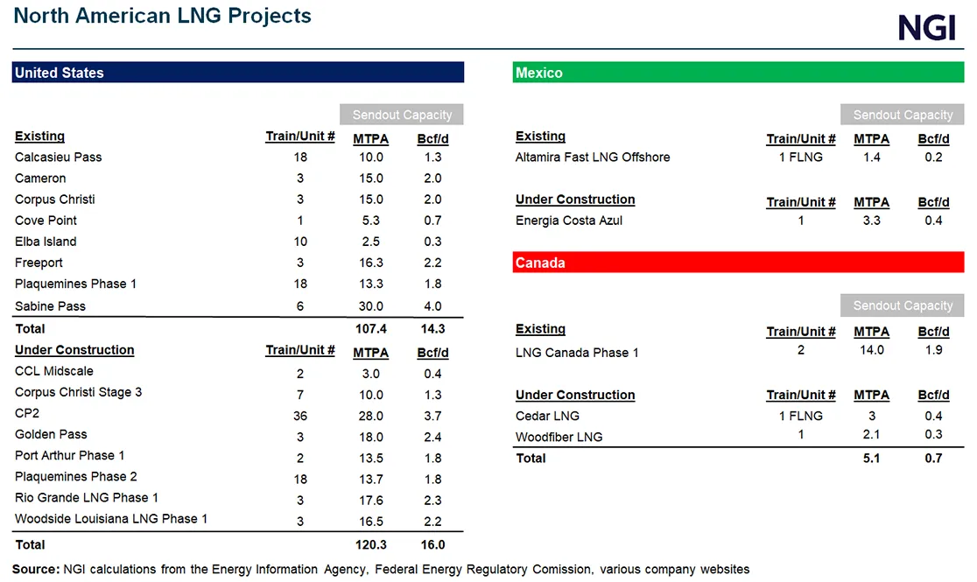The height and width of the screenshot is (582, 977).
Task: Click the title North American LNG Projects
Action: tap(162, 16)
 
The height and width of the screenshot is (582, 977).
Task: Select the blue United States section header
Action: tap(237, 73)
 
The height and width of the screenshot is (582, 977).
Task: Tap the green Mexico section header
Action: tap(737, 73)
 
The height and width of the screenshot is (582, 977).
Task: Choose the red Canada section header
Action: tap(737, 263)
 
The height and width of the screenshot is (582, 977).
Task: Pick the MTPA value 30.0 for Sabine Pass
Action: tap(370, 306)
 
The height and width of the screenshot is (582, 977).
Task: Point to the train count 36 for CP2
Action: tap(299, 416)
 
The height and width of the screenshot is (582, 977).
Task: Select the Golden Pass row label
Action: tap(51, 434)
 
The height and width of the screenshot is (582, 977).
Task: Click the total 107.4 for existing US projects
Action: tap(370, 329)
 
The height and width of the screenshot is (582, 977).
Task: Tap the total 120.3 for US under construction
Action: tap(370, 544)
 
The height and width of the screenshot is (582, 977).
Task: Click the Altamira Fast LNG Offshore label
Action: tap(593, 158)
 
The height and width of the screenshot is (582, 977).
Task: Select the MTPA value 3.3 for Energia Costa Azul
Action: tap(871, 221)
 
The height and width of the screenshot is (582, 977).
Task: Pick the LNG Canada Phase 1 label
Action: tap(577, 353)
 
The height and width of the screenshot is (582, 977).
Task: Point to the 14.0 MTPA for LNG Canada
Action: tap(871, 350)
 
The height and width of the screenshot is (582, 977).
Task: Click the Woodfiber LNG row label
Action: tap(559, 437)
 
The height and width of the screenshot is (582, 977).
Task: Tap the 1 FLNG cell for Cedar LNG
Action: tap(800, 416)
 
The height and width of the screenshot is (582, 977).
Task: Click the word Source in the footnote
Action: tap(35, 569)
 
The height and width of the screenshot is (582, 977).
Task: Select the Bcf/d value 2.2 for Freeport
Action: tap(432, 263)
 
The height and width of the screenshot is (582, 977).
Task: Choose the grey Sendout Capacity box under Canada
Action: tap(902, 305)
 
